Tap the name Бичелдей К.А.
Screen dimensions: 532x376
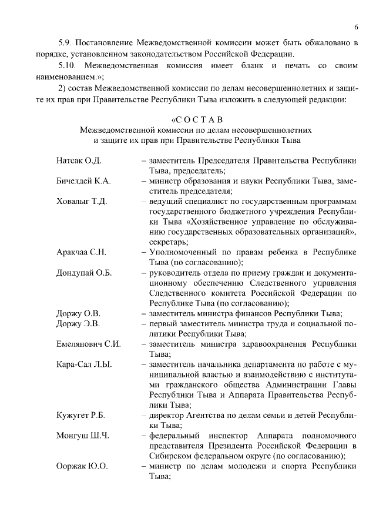83,181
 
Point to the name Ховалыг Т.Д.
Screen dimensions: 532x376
82,202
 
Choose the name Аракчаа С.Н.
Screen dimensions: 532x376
82,252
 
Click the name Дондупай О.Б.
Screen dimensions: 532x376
84,273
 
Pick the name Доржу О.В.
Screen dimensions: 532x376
78,313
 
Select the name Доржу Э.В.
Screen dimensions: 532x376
78,323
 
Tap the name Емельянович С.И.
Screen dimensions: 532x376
89,344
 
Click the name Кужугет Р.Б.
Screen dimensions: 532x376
81,415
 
